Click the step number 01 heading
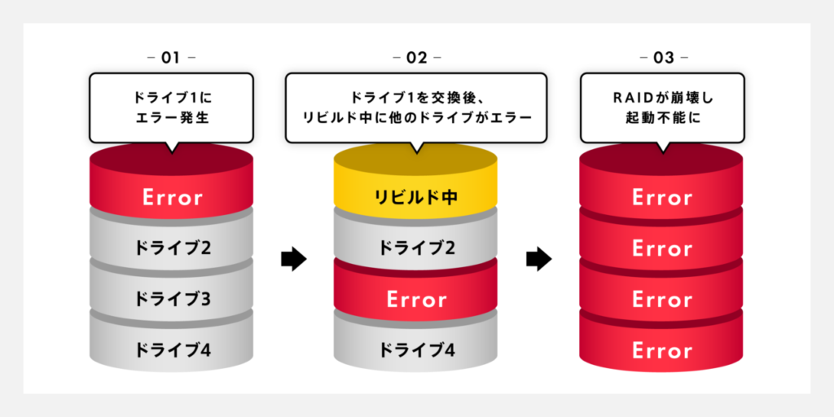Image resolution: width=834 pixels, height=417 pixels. pos(170,58)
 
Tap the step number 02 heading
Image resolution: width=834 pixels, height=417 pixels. pos(416,58)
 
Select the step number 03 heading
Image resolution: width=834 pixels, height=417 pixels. pos(661,58)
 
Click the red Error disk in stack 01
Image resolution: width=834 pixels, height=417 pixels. pos(172,197)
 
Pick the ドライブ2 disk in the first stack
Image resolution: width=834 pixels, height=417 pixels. pos(172,248)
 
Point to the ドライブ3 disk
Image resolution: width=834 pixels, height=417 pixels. pos(172,299)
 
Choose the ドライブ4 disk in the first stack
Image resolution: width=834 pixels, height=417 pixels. pos(172,350)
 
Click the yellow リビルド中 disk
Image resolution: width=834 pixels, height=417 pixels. pos(416,197)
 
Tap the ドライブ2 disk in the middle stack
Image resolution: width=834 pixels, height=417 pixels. pos(416,248)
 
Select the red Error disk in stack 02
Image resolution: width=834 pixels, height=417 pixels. pos(416,299)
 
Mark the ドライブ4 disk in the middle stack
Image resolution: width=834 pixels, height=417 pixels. pos(416,350)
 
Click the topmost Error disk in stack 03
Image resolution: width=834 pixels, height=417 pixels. pos(661,197)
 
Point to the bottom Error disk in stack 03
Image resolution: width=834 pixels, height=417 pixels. pos(661,350)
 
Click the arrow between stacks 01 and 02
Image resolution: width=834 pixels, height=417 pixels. pos(293,260)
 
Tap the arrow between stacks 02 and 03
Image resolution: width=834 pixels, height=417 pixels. pos(538,260)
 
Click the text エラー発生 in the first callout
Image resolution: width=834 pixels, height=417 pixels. pos(171,117)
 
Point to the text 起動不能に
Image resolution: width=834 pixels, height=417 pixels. pos(661,117)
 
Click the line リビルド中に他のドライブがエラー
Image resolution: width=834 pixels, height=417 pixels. pos(416,117)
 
